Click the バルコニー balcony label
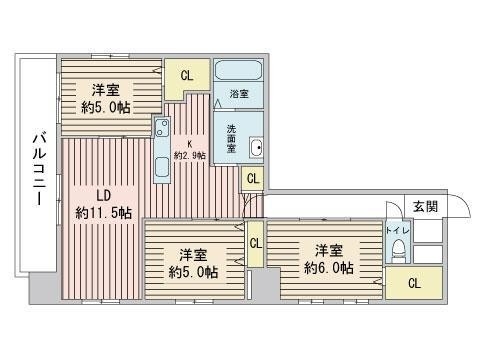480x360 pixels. (x=37, y=167)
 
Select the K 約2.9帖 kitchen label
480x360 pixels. (x=189, y=148)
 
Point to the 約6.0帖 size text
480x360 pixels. (x=330, y=269)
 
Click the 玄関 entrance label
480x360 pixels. (x=425, y=206)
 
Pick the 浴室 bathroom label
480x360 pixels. (x=238, y=94)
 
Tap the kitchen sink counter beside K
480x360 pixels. (x=162, y=150)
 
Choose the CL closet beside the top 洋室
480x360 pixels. (x=187, y=75)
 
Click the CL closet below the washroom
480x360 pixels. (x=254, y=179)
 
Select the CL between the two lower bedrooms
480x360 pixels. (x=255, y=243)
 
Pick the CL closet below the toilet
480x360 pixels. (x=413, y=282)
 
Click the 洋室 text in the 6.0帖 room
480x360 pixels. (x=329, y=250)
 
